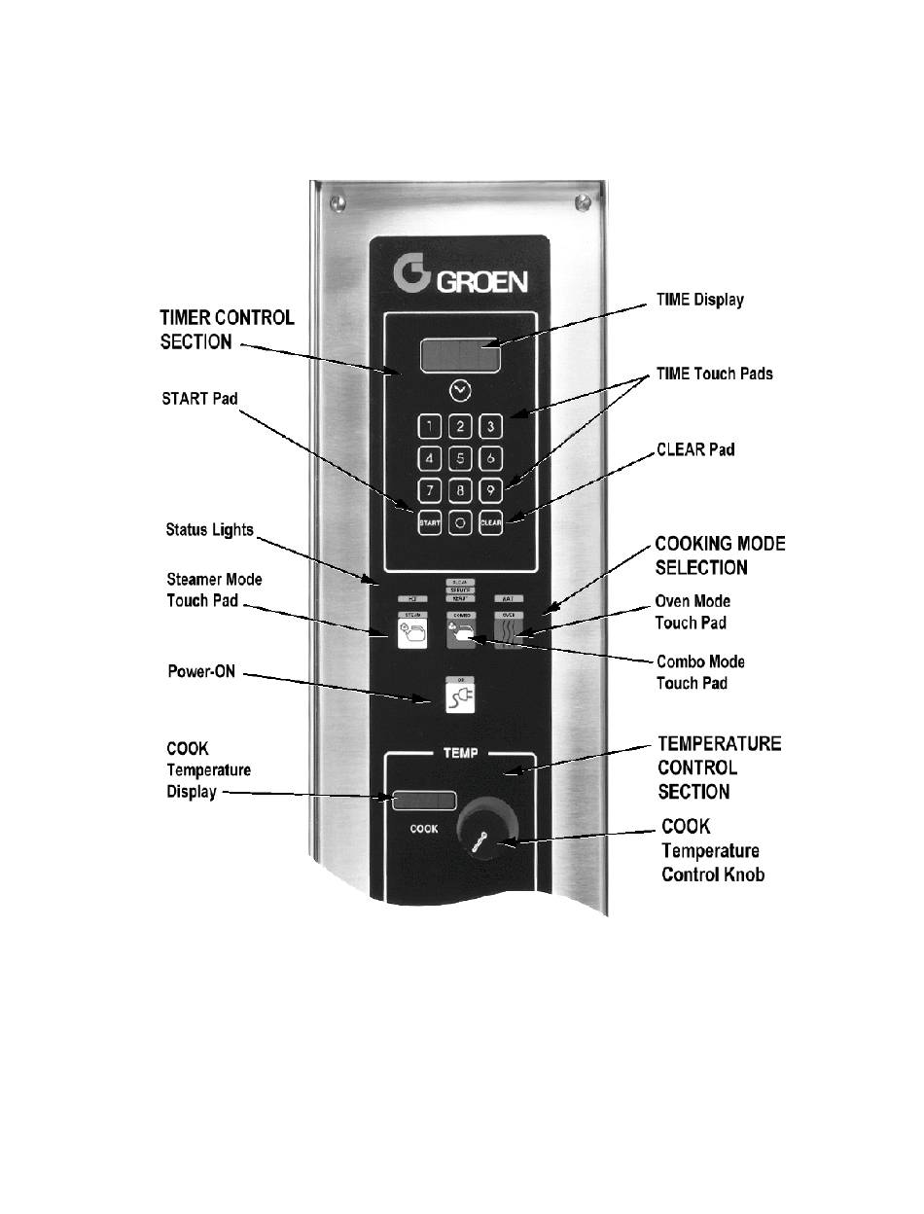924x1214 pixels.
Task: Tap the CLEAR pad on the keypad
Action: tap(491, 521)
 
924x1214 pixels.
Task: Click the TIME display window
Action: tap(460, 356)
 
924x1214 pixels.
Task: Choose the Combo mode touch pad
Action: tap(460, 633)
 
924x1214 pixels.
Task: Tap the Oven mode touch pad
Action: tap(509, 633)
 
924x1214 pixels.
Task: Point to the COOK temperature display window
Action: tap(424, 801)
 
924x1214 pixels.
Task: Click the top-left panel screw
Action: tap(338, 202)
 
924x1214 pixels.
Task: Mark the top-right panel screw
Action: tap(582, 202)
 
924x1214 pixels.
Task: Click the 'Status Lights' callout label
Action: tap(209, 529)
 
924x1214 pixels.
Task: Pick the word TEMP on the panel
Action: tap(459, 754)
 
